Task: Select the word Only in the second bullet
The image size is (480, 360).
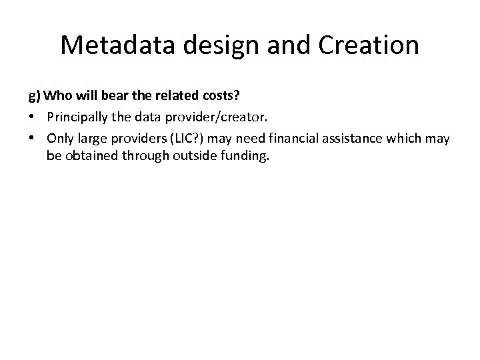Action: pos(59,138)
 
